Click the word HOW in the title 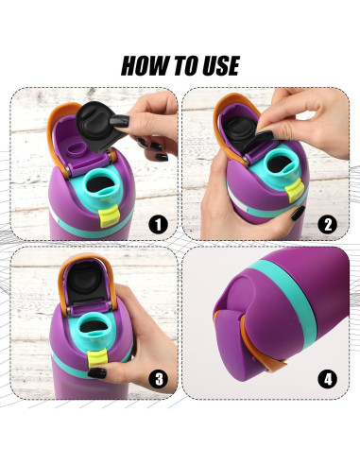click(147, 66)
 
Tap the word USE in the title click(215, 66)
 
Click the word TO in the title click(182, 66)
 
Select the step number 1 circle click(157, 224)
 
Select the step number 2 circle click(327, 224)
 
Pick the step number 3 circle click(157, 379)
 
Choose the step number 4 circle click(327, 379)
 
